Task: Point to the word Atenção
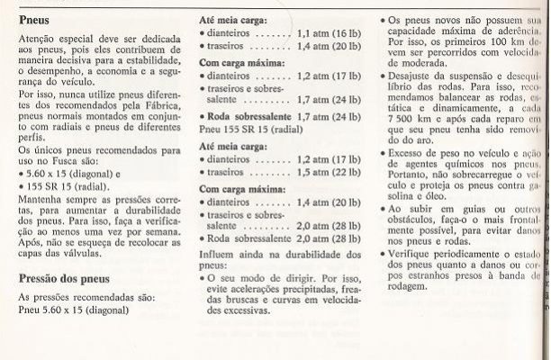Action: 40,41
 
